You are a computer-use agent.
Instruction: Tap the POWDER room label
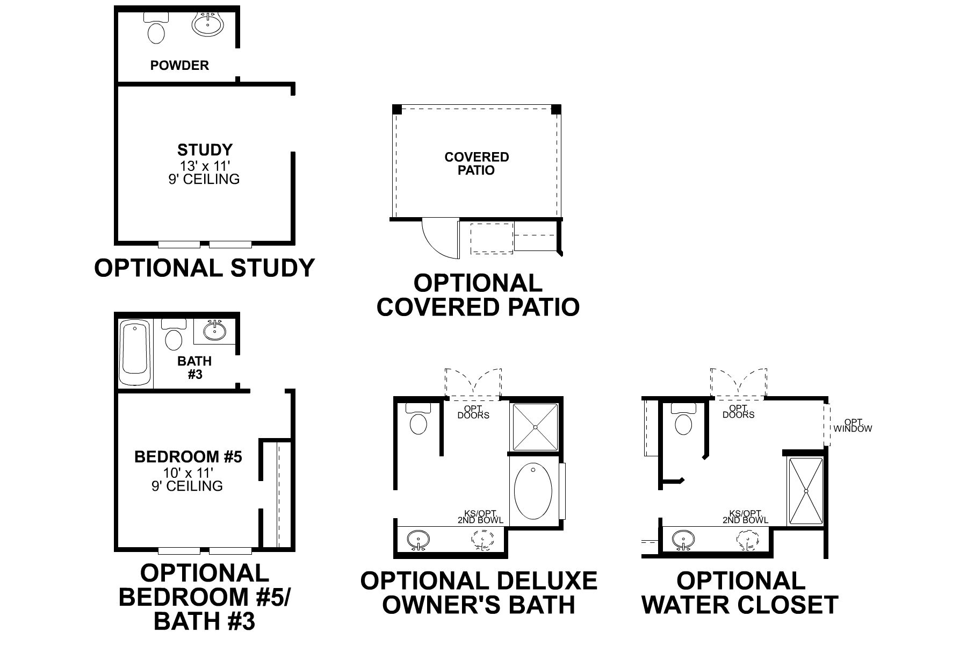point(179,66)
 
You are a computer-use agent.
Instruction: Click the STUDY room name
point(205,149)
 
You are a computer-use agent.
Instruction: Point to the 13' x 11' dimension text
point(205,166)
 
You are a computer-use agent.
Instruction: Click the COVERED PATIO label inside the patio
point(477,163)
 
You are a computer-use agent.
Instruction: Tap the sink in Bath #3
point(215,330)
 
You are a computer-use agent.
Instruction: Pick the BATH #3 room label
point(194,367)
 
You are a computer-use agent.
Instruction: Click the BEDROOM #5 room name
point(188,457)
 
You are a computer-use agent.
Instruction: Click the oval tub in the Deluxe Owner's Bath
point(533,491)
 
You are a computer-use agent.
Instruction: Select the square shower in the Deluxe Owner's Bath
point(535,427)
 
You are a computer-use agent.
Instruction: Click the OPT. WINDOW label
point(853,425)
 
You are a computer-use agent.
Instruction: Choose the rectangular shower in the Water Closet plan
point(806,491)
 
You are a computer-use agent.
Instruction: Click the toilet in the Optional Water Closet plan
point(683,423)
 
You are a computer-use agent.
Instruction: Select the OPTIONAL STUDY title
point(204,268)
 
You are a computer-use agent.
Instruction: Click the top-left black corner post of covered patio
point(397,109)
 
